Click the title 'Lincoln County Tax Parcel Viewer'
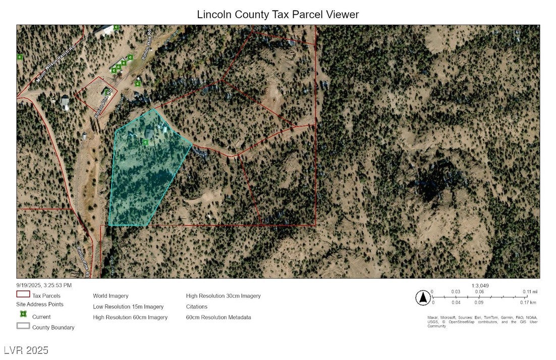(277, 14)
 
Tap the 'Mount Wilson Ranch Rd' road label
(55, 64)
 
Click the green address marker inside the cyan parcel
(145, 143)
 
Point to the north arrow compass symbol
(422, 298)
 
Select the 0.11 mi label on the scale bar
(530, 292)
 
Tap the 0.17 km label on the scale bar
(528, 302)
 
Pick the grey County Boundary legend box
(23, 326)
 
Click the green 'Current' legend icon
(23, 315)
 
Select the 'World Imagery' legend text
(110, 296)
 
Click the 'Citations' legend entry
(196, 306)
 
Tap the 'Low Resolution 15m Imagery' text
(128, 306)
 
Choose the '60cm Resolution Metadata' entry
(218, 318)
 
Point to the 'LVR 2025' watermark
(26, 350)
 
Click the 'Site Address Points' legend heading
(40, 304)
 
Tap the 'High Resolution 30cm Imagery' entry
(223, 296)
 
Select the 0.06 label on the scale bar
(479, 292)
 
